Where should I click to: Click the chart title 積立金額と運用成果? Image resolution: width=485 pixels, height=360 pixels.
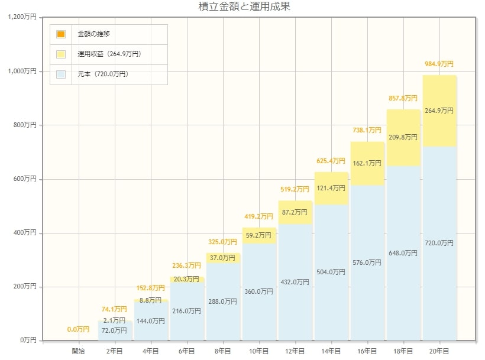click(x=244, y=7)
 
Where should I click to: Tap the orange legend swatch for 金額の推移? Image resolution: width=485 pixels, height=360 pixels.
click(x=61, y=34)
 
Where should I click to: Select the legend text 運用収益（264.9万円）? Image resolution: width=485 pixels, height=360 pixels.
click(x=109, y=54)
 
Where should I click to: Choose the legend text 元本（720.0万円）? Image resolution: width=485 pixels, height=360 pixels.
click(x=103, y=74)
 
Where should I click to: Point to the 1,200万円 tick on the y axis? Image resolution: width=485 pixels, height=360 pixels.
click(x=22, y=17)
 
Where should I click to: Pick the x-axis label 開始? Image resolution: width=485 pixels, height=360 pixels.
click(x=78, y=351)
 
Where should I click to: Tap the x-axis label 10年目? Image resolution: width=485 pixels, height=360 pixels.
click(x=258, y=351)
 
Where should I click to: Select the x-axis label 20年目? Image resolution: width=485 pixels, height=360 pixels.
click(x=439, y=351)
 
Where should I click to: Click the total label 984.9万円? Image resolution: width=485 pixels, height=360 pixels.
click(x=439, y=64)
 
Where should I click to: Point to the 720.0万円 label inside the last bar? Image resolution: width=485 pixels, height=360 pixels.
click(x=439, y=243)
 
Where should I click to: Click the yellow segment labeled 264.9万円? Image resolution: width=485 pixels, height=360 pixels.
click(x=439, y=110)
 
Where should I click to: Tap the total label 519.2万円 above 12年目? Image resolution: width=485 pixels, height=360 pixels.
click(x=295, y=189)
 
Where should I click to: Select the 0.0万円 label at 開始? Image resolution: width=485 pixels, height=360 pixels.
click(x=78, y=329)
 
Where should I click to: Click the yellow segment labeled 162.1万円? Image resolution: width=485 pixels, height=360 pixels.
click(x=367, y=163)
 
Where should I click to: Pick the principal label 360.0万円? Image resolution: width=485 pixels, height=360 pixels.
click(x=258, y=291)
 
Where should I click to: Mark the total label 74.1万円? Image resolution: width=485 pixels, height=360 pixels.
click(x=114, y=309)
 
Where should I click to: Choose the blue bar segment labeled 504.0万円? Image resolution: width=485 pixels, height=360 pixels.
click(x=331, y=272)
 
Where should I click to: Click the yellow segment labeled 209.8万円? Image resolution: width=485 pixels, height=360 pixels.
click(x=403, y=138)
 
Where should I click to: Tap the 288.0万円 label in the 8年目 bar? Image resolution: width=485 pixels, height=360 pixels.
click(x=222, y=301)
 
